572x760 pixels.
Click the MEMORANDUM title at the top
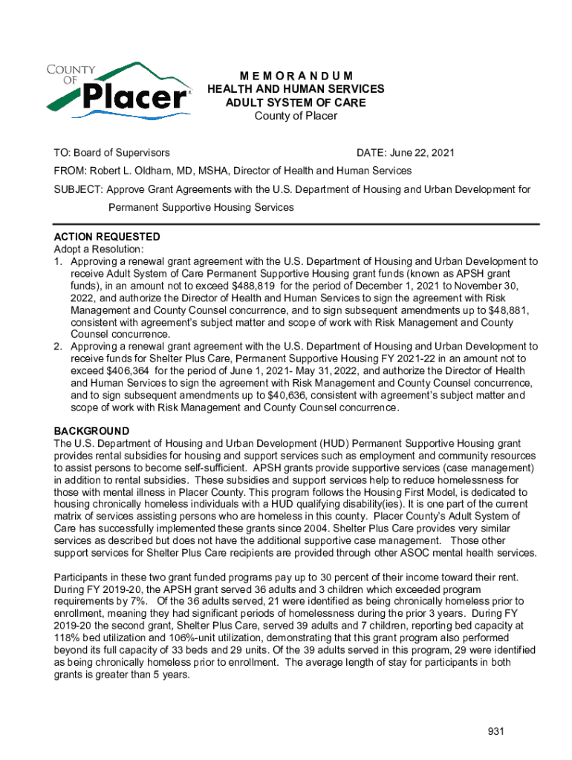[296, 76]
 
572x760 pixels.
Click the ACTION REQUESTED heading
[107, 237]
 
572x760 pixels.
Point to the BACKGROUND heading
[91, 431]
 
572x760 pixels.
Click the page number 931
[496, 732]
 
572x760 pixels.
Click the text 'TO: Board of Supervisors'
[111, 153]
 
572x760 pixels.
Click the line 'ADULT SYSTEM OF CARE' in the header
[296, 102]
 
